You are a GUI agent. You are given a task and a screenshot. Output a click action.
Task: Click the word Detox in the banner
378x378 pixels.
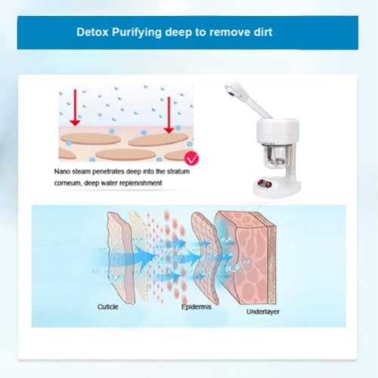coord(92,33)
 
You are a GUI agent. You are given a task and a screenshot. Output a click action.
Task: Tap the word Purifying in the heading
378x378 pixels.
coord(137,33)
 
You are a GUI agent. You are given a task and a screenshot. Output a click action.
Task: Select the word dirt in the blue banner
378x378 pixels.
coord(263,33)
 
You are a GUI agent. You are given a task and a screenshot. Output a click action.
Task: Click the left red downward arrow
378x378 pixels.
coord(75,107)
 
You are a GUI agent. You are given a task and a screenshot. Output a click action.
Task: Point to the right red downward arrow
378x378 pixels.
coord(169,115)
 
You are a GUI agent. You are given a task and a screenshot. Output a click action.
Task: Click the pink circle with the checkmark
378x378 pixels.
coord(191,158)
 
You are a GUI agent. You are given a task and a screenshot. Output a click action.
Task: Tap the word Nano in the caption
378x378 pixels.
coord(62,172)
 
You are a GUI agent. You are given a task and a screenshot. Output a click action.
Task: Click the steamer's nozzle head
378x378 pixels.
coord(233,90)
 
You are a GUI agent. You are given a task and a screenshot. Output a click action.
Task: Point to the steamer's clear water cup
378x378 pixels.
coord(275,155)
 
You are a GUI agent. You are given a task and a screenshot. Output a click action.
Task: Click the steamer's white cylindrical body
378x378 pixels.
coord(278,132)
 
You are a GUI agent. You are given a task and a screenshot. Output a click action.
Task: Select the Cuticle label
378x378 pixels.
coord(107,307)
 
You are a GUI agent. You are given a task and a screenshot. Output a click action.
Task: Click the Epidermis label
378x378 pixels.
coord(197,307)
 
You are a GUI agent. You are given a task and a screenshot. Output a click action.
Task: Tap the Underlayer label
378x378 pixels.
coord(263,311)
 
